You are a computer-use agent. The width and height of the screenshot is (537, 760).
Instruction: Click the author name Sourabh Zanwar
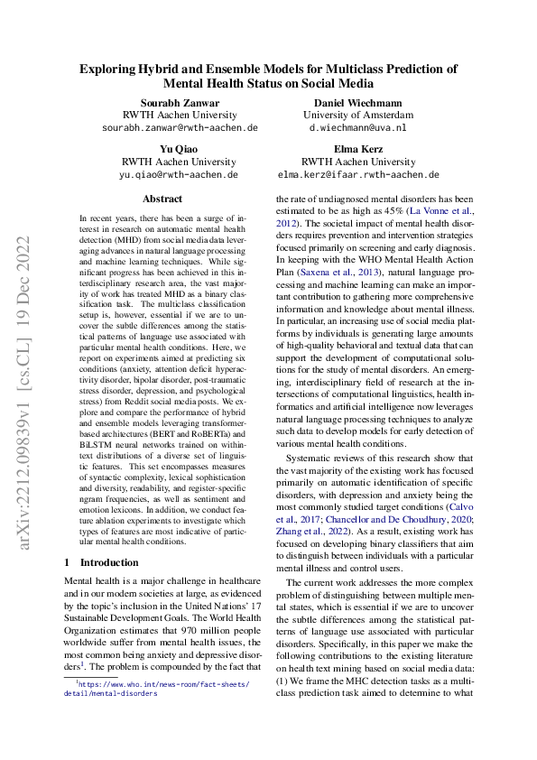pos(179,102)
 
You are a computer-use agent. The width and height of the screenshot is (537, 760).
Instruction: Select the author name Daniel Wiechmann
pos(358,102)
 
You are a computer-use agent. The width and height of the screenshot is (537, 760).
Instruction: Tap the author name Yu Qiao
pos(179,148)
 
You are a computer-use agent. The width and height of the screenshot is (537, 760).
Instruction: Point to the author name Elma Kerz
pos(358,148)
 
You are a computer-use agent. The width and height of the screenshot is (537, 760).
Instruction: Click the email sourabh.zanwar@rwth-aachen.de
pos(179,128)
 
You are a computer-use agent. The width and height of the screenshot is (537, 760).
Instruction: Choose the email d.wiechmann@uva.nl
pos(358,128)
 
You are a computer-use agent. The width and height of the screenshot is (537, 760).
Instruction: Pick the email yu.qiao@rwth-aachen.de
pos(179,174)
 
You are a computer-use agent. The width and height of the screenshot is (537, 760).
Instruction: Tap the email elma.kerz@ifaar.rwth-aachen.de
pos(358,174)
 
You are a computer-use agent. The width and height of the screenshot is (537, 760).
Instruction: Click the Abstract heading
pos(162,199)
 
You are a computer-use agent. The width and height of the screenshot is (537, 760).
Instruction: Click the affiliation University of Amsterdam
pos(358,116)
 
